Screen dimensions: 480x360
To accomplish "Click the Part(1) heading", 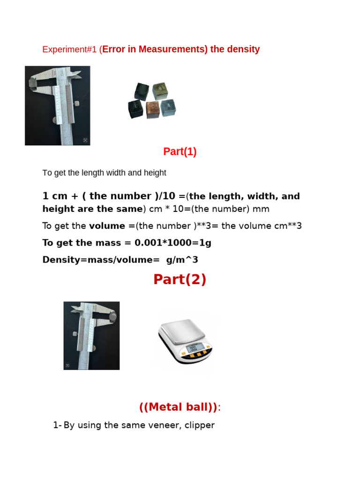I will [x=180, y=152].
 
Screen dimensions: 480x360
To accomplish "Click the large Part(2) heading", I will [x=180, y=279].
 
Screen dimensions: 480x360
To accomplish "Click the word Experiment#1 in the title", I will [x=70, y=50].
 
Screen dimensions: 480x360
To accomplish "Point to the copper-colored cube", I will [x=153, y=110].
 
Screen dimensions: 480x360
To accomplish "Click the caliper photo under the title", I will [x=58, y=105].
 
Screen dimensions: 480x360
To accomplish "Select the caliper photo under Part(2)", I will [x=91, y=336].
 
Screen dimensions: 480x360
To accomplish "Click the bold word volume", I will [x=107, y=226].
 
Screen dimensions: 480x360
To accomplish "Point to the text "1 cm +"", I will [x=61, y=196].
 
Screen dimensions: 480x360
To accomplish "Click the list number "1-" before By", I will [x=57, y=426].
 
